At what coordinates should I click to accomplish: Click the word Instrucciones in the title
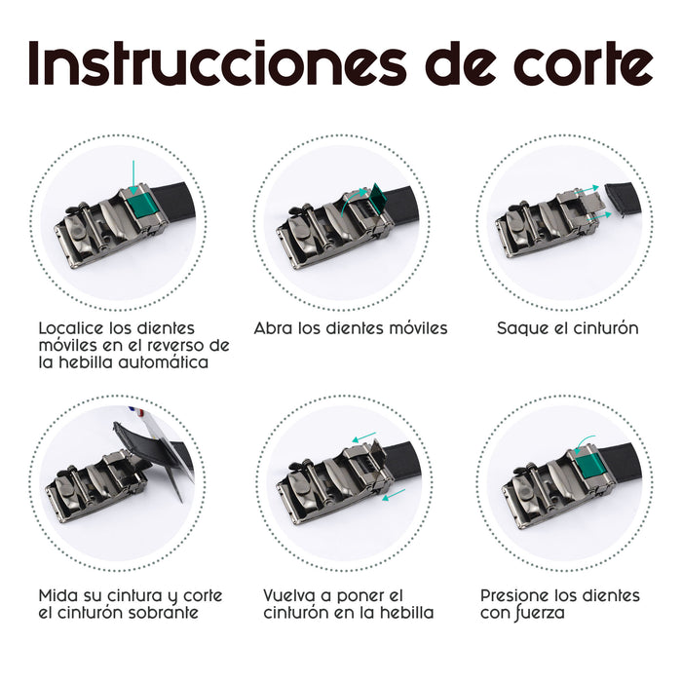[217, 63]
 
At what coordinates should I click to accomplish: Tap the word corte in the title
[583, 64]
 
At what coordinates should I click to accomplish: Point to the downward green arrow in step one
[133, 177]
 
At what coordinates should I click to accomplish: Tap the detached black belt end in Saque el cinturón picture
[623, 200]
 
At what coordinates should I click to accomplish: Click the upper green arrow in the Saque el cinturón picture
[587, 190]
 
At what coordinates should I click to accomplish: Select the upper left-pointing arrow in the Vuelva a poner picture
[363, 437]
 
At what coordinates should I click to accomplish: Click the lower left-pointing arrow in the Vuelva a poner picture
[394, 494]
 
